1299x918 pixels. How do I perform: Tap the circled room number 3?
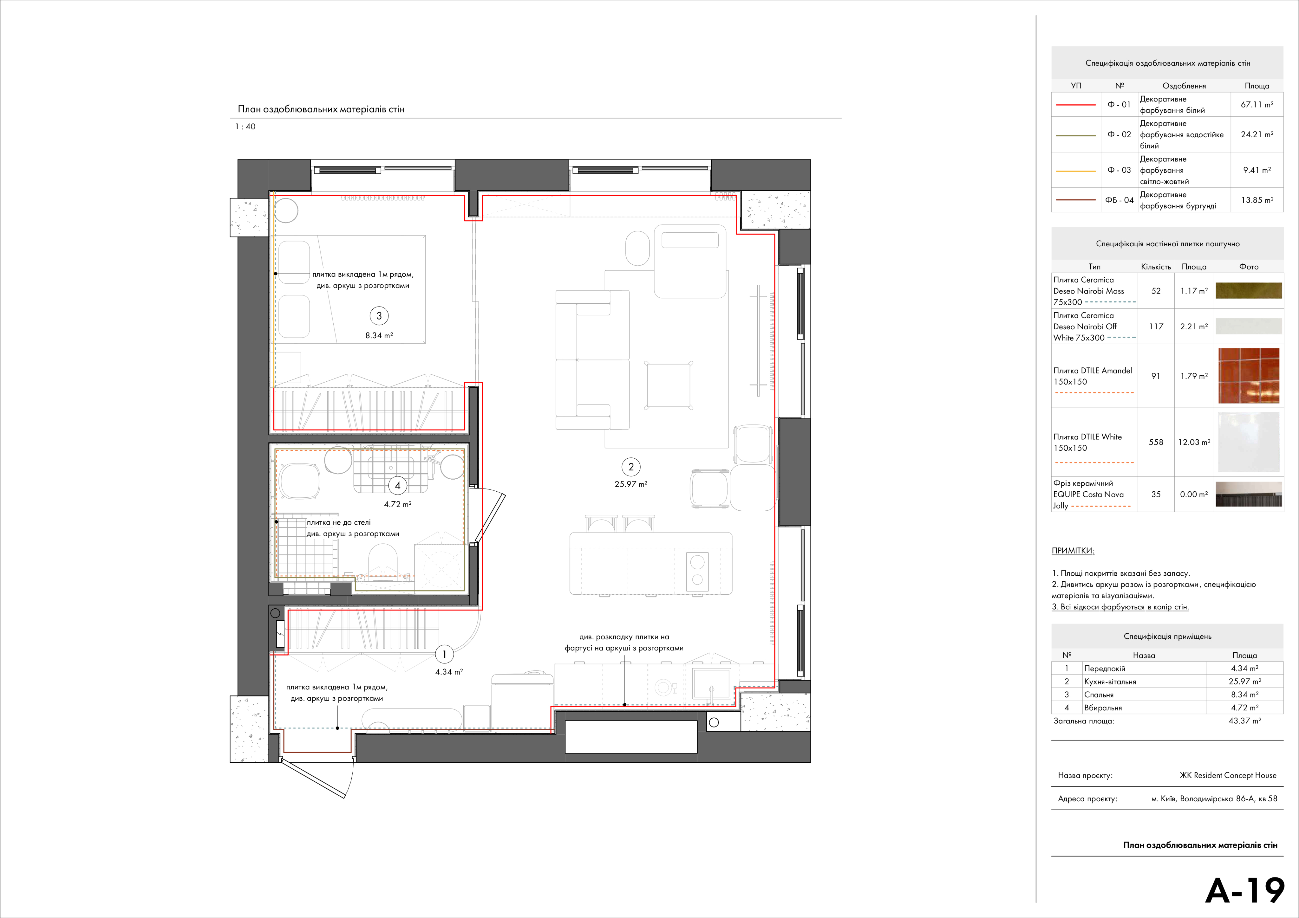click(379, 316)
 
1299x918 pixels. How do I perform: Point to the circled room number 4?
click(398, 485)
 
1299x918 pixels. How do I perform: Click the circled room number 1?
click(444, 654)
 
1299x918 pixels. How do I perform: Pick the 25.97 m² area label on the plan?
click(631, 484)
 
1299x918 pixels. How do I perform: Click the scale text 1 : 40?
click(245, 127)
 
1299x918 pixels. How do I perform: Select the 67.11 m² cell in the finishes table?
click(1257, 105)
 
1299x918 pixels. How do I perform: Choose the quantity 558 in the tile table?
click(1156, 442)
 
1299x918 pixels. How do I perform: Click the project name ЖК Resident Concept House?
click(1228, 775)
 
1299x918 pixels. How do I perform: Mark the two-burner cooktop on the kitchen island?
click(698, 570)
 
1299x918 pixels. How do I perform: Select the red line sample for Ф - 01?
click(1076, 105)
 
